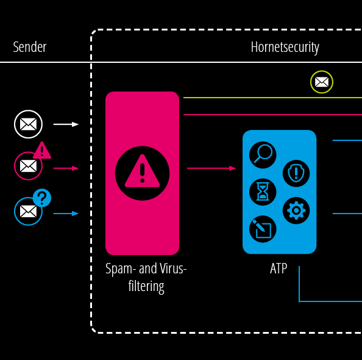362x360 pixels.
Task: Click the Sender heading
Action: [x=30, y=47]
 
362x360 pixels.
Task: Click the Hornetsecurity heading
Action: [x=285, y=48]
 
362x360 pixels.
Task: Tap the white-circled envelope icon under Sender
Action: [x=28, y=124]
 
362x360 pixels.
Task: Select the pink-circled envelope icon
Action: [x=28, y=166]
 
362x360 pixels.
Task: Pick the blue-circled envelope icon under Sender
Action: [x=28, y=211]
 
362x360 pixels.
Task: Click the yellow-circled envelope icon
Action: [x=322, y=82]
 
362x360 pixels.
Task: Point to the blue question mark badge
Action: [x=42, y=198]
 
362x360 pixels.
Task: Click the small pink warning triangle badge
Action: [x=42, y=151]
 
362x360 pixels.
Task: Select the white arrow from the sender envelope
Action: [x=66, y=124]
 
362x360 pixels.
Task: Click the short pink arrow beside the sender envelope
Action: [x=66, y=168]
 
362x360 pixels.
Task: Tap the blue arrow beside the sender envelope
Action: [x=66, y=214]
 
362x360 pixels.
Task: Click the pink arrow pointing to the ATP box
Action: [x=211, y=168]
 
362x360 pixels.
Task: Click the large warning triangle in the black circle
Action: [x=142, y=171]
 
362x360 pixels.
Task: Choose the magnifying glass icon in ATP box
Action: [x=263, y=155]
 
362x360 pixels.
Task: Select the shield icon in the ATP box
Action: [x=296, y=173]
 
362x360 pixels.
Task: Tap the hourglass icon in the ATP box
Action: [x=263, y=192]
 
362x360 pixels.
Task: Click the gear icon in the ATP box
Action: [x=296, y=211]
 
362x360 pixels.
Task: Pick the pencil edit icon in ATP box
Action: [x=263, y=229]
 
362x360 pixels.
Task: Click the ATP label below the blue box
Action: [x=279, y=268]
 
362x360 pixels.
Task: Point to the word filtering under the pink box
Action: [x=146, y=287]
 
